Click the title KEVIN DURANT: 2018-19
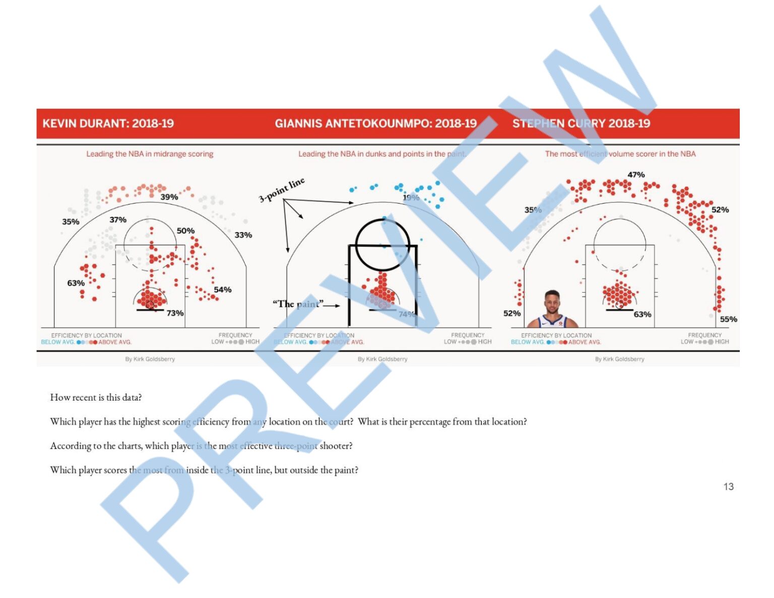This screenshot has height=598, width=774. [x=108, y=123]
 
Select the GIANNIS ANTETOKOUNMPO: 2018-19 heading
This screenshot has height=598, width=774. [x=375, y=123]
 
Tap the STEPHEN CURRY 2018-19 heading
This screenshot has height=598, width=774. [x=581, y=123]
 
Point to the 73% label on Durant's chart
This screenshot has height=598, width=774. [x=175, y=313]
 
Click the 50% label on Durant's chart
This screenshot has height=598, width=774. [x=185, y=231]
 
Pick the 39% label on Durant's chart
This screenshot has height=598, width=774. [x=169, y=197]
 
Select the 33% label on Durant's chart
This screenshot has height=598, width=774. [x=243, y=235]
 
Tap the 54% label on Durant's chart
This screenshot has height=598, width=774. [x=222, y=290]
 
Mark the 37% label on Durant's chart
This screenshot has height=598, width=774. [x=118, y=220]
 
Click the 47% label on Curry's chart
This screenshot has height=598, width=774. [x=636, y=175]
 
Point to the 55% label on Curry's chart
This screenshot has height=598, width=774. [x=728, y=319]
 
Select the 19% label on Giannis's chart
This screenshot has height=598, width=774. [x=411, y=197]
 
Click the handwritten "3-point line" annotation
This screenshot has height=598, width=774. [x=282, y=190]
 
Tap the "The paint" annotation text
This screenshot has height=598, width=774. [x=297, y=304]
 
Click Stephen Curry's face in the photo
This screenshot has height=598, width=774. [x=552, y=302]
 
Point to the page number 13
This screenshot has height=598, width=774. [x=728, y=487]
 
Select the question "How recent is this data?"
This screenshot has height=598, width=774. [x=96, y=397]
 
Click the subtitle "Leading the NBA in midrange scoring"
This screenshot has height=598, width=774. [x=150, y=154]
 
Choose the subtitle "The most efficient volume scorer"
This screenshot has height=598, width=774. [x=620, y=154]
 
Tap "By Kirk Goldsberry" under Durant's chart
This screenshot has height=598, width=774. [x=150, y=359]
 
